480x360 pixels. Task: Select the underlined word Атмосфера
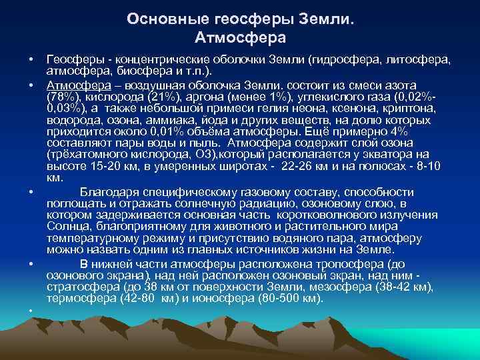(x=73, y=85)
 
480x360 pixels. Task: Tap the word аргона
(x=201, y=97)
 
